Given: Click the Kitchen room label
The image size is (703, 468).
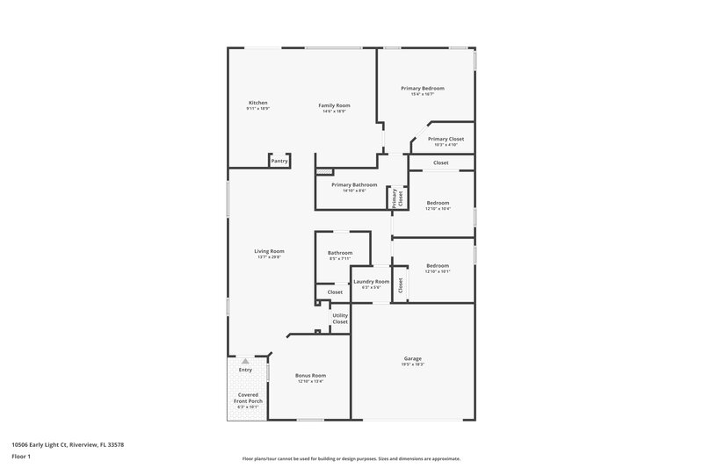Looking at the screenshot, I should pyautogui.click(x=257, y=103).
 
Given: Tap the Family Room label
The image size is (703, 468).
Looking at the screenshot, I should pyautogui.click(x=334, y=105).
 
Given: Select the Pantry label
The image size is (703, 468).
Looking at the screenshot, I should pyautogui.click(x=279, y=161).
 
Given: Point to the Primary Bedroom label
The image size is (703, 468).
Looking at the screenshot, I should pyautogui.click(x=423, y=89).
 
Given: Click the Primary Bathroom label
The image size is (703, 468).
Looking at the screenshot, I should pyautogui.click(x=354, y=184).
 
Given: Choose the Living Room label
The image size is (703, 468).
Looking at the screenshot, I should pyautogui.click(x=269, y=251).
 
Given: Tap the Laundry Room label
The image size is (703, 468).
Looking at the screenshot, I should pyautogui.click(x=371, y=281).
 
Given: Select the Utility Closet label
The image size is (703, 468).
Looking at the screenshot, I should pyautogui.click(x=340, y=318).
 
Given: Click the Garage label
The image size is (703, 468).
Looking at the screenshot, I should pyautogui.click(x=413, y=358).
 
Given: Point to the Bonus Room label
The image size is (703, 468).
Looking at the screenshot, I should pyautogui.click(x=311, y=375).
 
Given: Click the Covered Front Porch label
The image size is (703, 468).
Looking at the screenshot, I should pyautogui.click(x=249, y=398).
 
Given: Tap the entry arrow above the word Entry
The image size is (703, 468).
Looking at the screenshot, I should pyautogui.click(x=245, y=361).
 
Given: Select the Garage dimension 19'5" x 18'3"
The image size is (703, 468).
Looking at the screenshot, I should pyautogui.click(x=413, y=364).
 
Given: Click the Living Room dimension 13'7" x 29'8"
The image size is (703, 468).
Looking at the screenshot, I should pyautogui.click(x=269, y=257).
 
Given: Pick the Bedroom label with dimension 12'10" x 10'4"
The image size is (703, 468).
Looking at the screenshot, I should pyautogui.click(x=438, y=203).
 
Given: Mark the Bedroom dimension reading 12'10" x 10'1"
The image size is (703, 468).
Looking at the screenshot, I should pyautogui.click(x=438, y=271).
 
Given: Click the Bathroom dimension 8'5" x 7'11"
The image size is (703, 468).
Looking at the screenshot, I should pyautogui.click(x=339, y=259).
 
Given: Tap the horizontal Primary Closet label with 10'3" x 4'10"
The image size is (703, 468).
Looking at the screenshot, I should pyautogui.click(x=446, y=139).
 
